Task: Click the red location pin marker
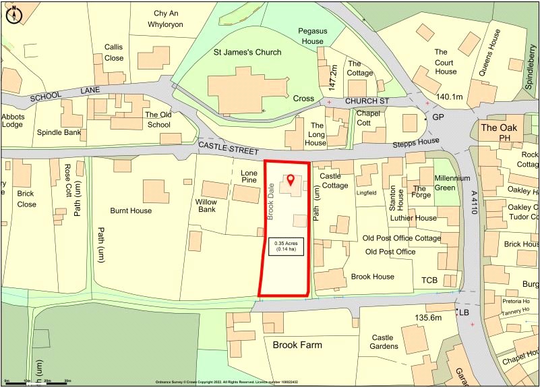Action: pos(291,179)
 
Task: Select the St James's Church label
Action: pos(247,52)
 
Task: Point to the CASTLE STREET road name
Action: pos(224,145)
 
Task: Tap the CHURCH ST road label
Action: pos(367,101)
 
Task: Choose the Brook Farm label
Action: pos(297,345)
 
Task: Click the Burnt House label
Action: pos(131,211)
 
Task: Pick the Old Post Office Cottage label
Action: pos(402,238)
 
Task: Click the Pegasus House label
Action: pos(312,36)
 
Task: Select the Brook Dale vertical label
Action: pos(270,202)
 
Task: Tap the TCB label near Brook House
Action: pos(429,280)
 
